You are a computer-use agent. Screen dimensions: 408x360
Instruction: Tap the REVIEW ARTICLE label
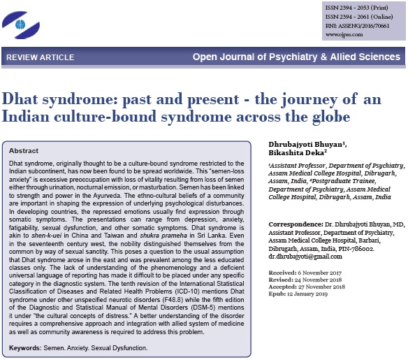(36, 55)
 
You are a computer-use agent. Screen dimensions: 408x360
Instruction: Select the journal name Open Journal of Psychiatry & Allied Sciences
(297, 55)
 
